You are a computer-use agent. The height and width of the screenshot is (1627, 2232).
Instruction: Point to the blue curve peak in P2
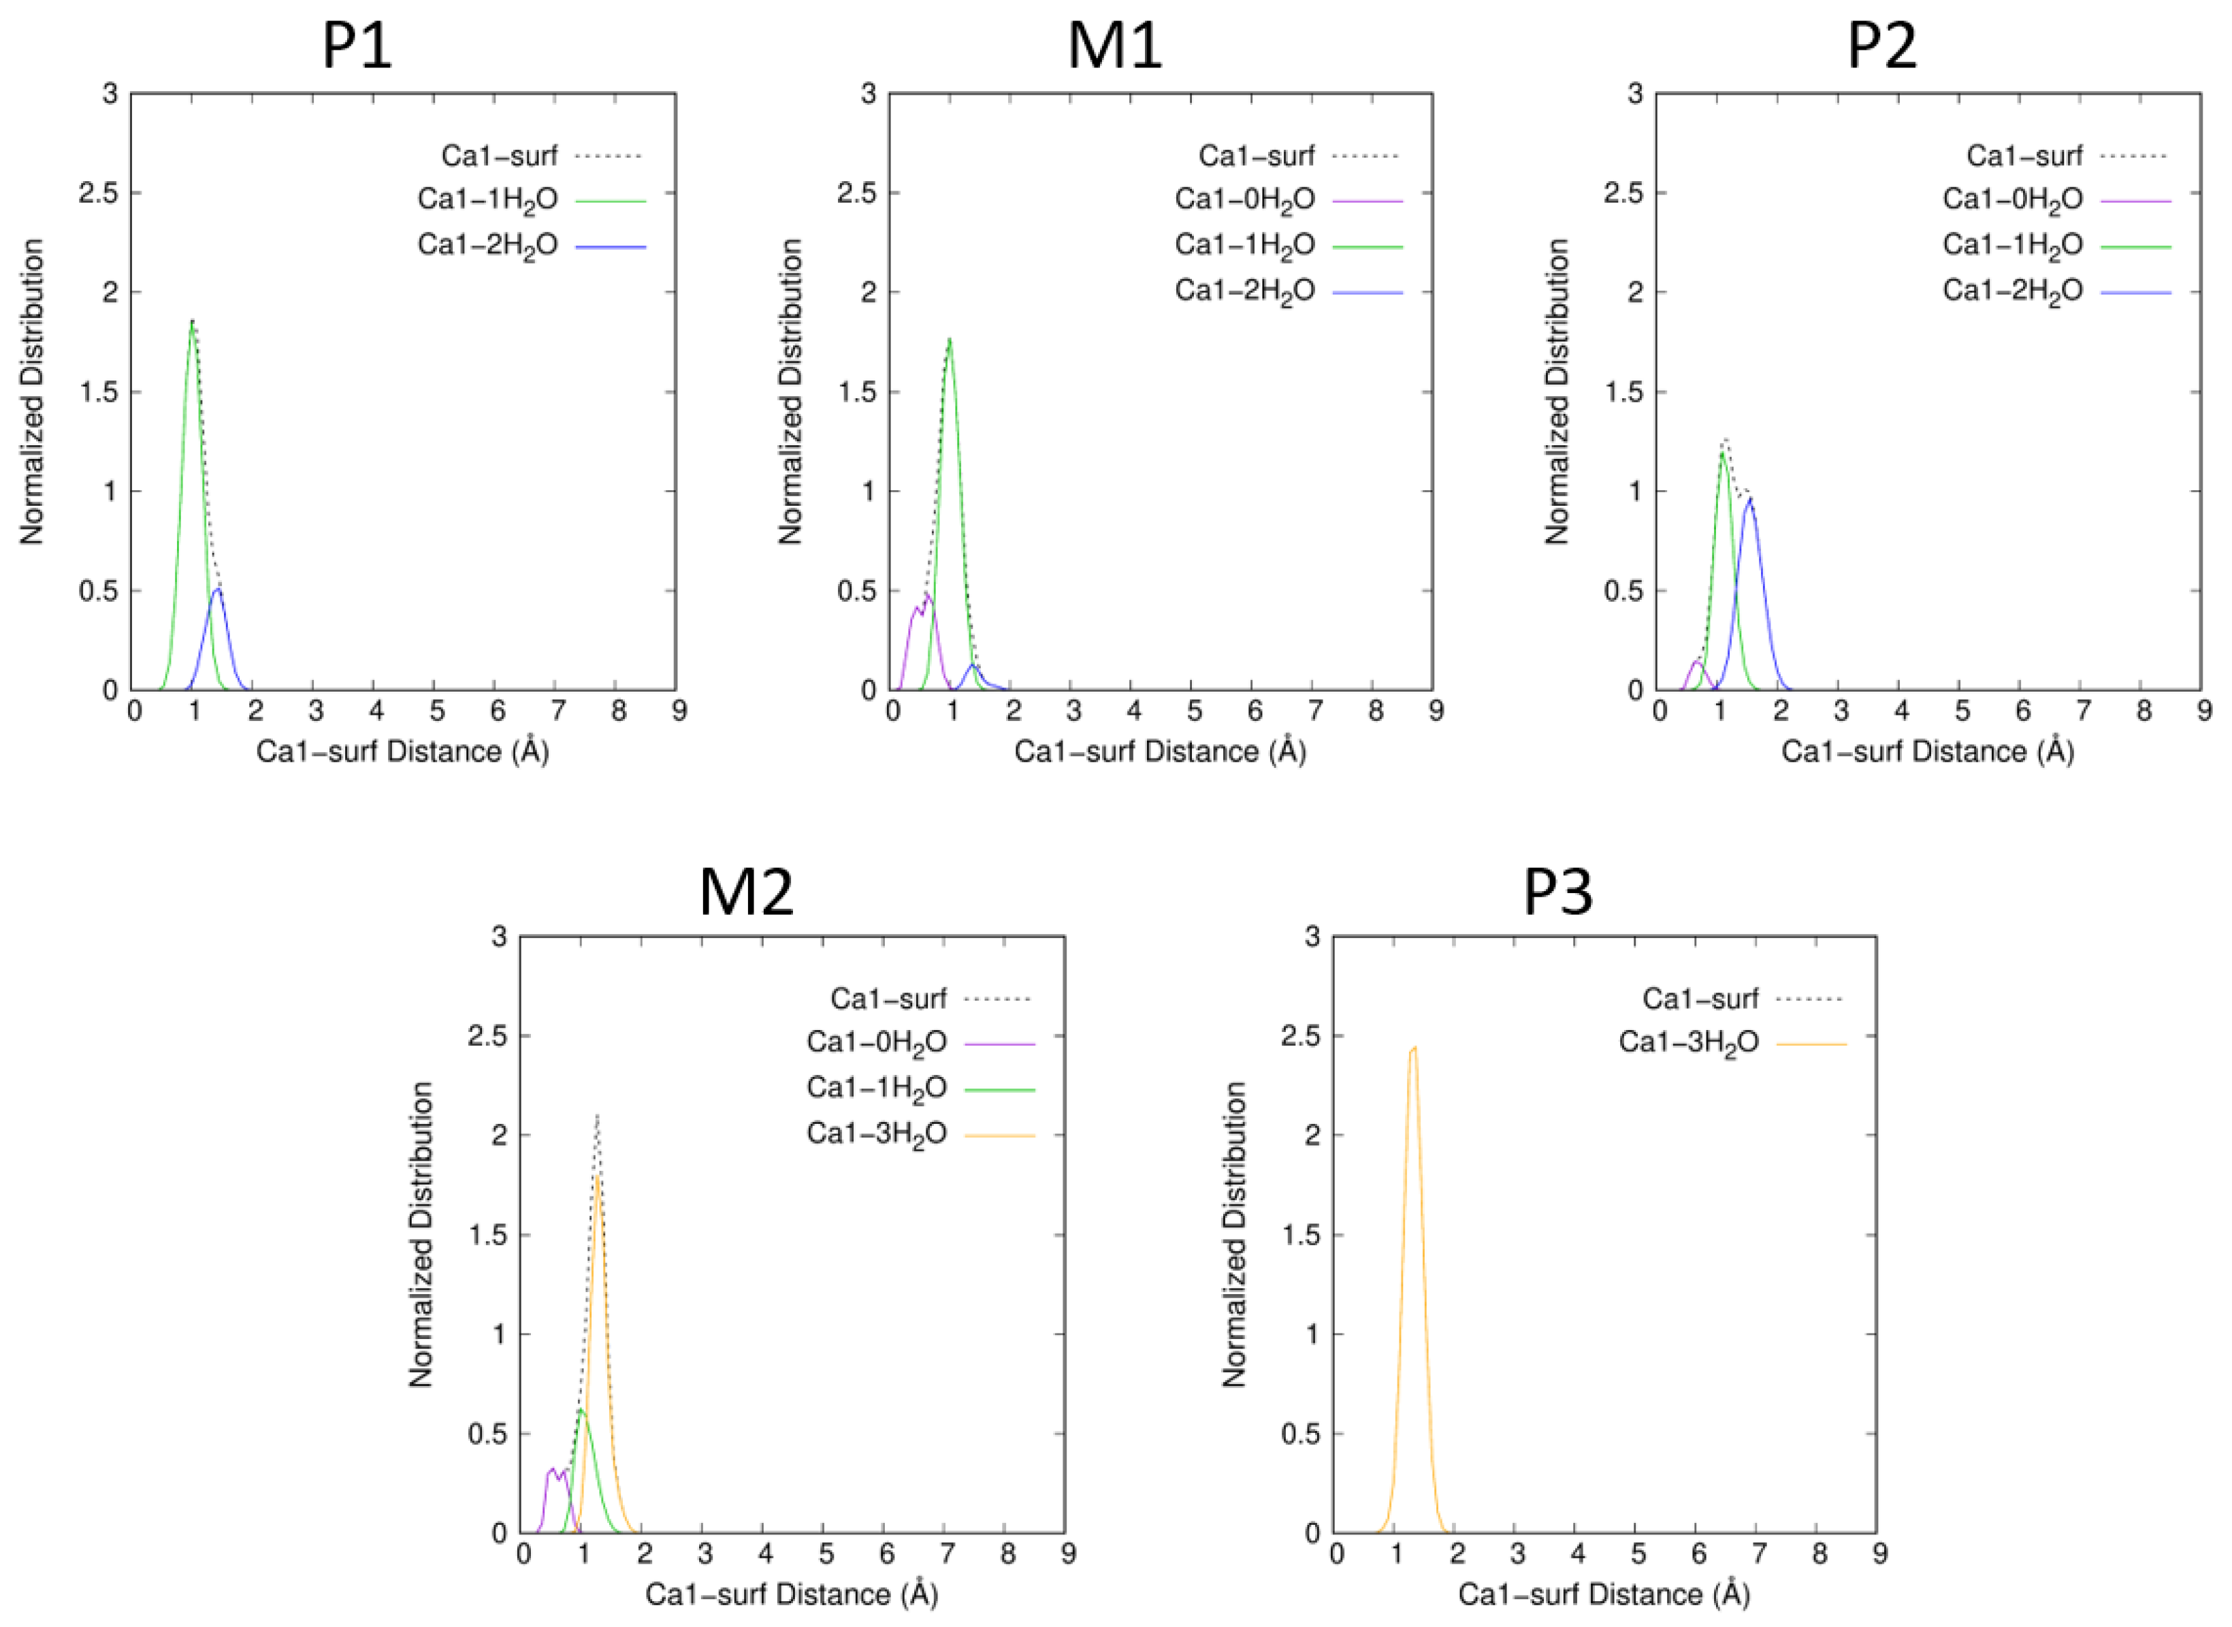tap(1749, 499)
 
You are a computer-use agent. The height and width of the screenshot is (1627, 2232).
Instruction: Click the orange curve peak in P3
tap(1414, 1048)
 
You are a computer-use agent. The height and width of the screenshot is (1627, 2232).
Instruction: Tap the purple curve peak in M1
tap(926, 595)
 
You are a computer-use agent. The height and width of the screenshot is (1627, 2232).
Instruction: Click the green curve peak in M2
tap(581, 1411)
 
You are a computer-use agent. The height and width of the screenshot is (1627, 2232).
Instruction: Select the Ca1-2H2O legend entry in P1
tap(487, 245)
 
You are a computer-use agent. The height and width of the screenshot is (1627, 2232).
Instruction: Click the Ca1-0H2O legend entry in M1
tap(1244, 200)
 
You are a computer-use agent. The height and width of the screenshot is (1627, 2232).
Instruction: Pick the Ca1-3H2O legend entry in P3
tap(1689, 1043)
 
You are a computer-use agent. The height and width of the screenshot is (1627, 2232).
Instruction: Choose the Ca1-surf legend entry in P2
tap(2024, 156)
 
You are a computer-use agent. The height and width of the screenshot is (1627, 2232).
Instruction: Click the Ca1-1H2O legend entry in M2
tap(876, 1089)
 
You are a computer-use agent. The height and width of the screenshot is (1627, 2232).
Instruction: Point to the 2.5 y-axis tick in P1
tap(99, 193)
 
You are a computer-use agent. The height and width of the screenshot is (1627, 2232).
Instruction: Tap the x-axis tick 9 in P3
tap(1879, 1554)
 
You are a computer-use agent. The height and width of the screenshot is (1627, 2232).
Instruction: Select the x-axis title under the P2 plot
tap(1927, 752)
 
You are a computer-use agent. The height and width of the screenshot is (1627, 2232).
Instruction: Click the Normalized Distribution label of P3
tap(1235, 1235)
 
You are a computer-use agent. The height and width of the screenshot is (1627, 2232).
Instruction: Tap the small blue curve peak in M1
tap(973, 666)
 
